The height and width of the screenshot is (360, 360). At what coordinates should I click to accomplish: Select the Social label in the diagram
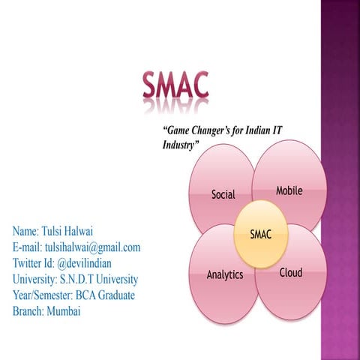pyautogui.click(x=223, y=195)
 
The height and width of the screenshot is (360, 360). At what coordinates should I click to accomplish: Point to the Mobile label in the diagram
pyautogui.click(x=289, y=190)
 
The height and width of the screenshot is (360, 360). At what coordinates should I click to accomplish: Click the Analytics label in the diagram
pyautogui.click(x=225, y=274)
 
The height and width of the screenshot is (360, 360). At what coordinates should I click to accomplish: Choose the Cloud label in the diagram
pyautogui.click(x=290, y=272)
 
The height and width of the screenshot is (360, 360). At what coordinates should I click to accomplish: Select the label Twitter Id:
pyautogui.click(x=33, y=262)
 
